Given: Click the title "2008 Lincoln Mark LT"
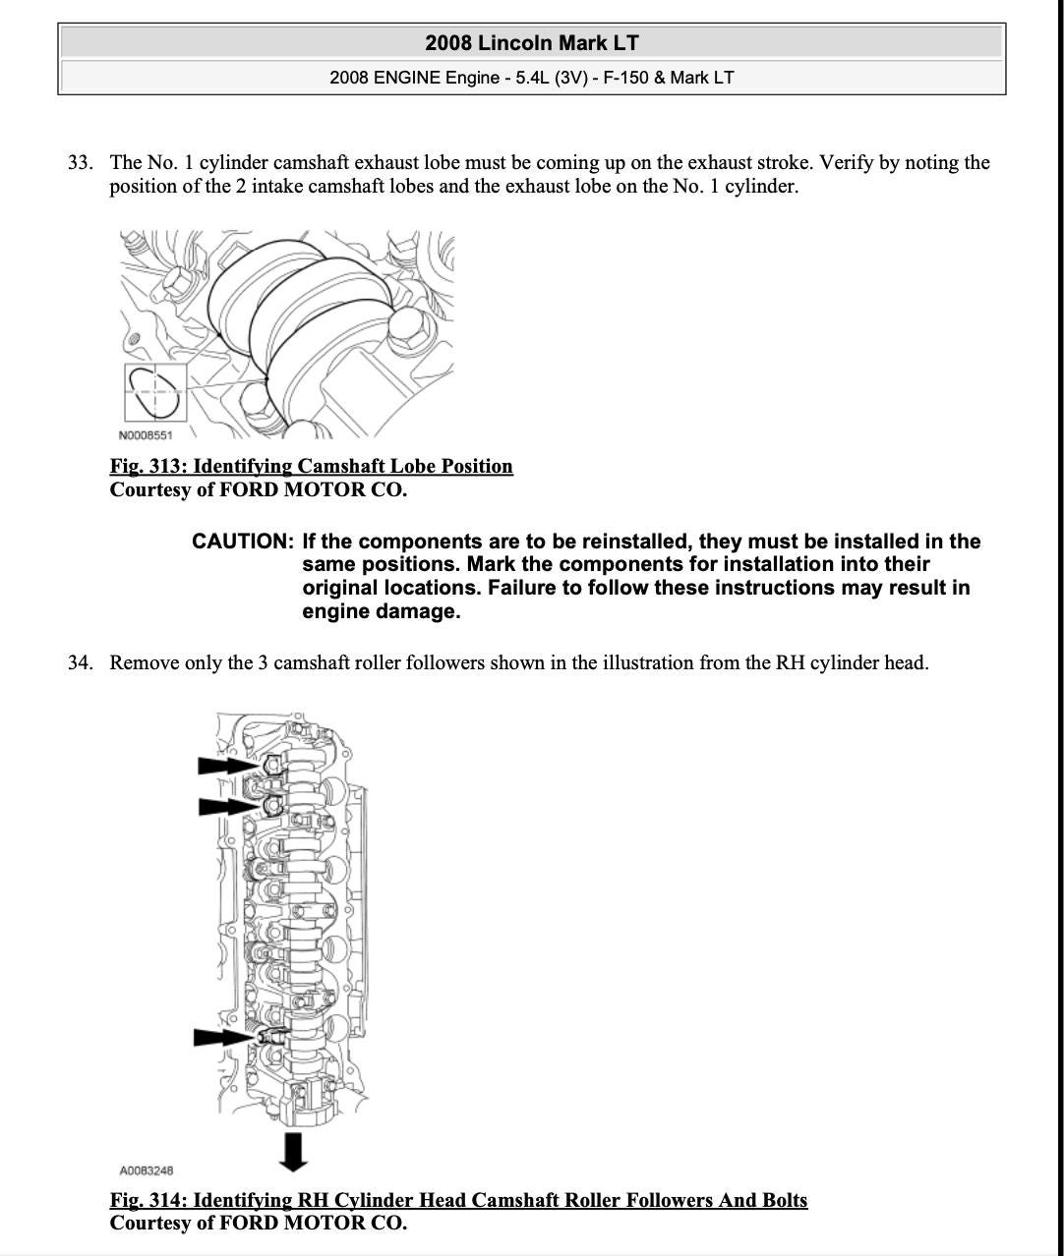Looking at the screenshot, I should (531, 43).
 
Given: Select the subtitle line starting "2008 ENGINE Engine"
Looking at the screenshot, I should (531, 78).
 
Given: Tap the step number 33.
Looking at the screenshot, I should (80, 163).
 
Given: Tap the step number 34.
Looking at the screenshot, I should (80, 663).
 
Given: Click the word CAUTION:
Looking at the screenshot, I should (243, 542).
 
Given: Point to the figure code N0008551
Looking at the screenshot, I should (145, 435).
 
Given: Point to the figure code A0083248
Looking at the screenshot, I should (146, 1170).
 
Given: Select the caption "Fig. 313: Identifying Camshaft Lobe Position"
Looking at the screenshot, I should (311, 467).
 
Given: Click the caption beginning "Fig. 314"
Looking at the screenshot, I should (458, 1201).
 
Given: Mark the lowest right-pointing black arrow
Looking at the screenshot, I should (224, 1037).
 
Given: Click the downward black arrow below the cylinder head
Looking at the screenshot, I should (292, 1151).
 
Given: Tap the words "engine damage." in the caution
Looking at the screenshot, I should (381, 612).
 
